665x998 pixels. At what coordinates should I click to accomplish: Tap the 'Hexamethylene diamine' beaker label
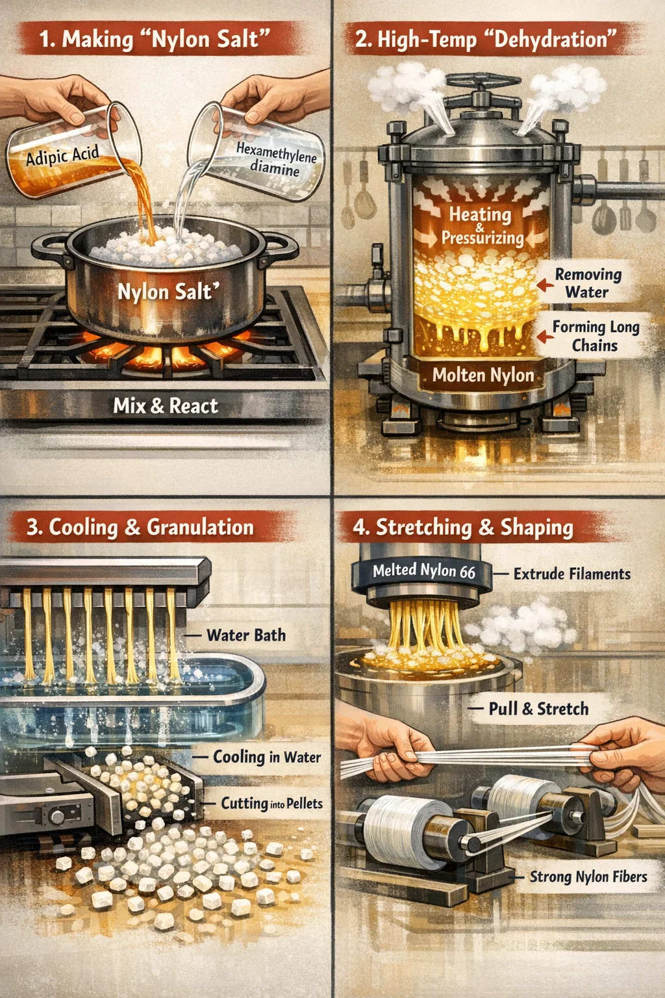pyautogui.click(x=276, y=159)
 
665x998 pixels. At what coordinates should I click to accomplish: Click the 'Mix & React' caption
pyautogui.click(x=166, y=406)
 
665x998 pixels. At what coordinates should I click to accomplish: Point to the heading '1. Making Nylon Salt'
pyautogui.click(x=155, y=39)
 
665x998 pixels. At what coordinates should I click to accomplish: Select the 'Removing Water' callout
pyautogui.click(x=588, y=283)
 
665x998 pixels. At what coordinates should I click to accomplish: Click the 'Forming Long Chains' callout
pyautogui.click(x=596, y=336)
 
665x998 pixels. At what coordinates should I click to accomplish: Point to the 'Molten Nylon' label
pyautogui.click(x=483, y=375)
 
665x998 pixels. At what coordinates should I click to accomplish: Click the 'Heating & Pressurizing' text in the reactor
pyautogui.click(x=483, y=226)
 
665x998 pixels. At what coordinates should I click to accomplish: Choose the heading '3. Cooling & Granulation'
pyautogui.click(x=140, y=527)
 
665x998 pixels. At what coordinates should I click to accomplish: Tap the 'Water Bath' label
pyautogui.click(x=246, y=635)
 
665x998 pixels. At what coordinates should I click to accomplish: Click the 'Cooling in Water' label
pyautogui.click(x=267, y=756)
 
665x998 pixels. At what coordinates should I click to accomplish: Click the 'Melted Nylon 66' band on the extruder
pyautogui.click(x=424, y=570)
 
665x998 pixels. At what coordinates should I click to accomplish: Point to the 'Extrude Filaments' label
pyautogui.click(x=572, y=574)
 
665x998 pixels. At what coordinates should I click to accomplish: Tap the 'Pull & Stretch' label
pyautogui.click(x=538, y=708)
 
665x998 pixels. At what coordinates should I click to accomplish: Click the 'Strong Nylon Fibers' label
pyautogui.click(x=588, y=876)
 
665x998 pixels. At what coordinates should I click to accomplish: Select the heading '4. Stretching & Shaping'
pyautogui.click(x=463, y=527)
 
